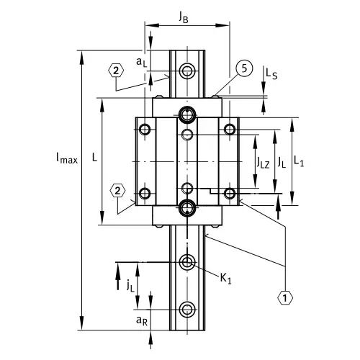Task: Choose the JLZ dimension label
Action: tap(265, 163)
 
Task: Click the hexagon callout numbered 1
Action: tap(286, 296)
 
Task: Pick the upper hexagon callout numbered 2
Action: tap(115, 71)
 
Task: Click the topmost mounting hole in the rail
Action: tap(188, 71)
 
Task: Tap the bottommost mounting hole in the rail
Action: tap(188, 310)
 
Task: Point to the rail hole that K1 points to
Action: tap(188, 261)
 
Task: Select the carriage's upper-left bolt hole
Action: tap(145, 130)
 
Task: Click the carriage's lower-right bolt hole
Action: tap(230, 193)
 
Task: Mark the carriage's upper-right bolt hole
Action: tap(230, 130)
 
